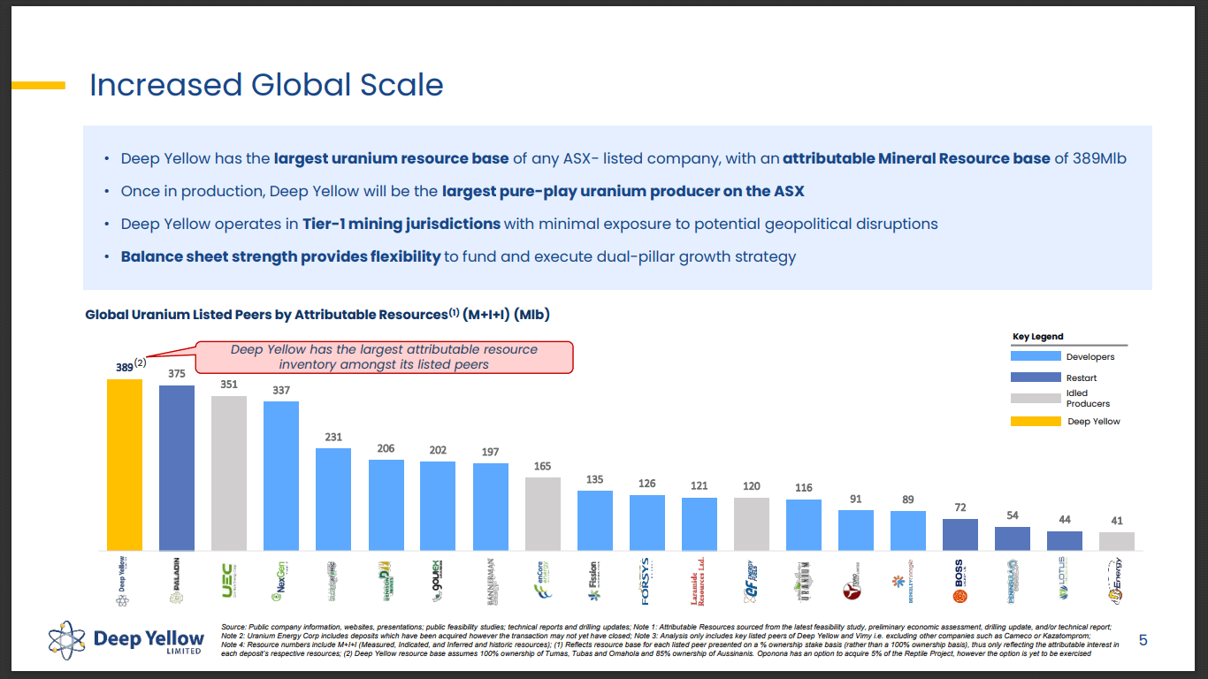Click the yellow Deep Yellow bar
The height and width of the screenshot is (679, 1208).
pos(125,464)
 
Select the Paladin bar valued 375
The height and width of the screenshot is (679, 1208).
pos(177,467)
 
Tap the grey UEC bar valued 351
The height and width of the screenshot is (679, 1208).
pos(229,473)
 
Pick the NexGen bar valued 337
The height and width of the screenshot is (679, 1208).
pos(281,476)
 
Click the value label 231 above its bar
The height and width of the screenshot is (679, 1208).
pos(333,437)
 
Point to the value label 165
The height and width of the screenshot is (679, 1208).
pos(542,466)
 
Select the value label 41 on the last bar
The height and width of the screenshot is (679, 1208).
pos(1117,521)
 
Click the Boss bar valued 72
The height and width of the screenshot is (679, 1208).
pos(960,534)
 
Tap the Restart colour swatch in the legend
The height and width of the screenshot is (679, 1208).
pos(1036,378)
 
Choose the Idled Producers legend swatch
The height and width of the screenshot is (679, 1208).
pos(1036,398)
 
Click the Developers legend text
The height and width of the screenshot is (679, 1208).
pos(1090,357)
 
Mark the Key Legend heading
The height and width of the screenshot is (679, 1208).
pos(1038,337)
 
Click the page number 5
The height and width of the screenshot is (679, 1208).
pos(1143,640)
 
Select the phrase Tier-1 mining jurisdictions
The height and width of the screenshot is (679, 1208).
pos(401,224)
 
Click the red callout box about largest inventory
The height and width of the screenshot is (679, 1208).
pos(384,356)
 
